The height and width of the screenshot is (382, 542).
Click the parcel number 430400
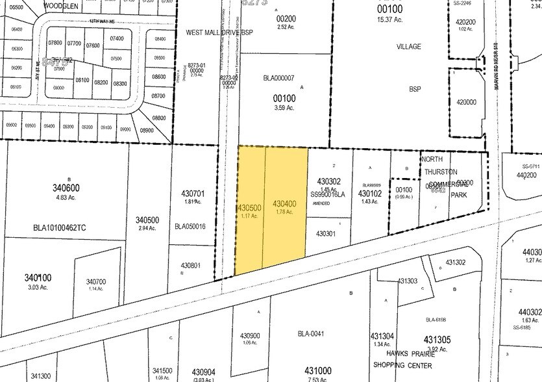285,203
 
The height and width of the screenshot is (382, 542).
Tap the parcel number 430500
249,208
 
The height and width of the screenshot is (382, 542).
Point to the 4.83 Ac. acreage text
68,197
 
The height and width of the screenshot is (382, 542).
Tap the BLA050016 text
190,226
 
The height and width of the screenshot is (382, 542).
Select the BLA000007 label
278,79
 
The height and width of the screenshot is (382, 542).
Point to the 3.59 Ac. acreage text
283,108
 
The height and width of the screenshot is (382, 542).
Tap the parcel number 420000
467,102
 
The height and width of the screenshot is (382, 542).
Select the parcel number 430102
370,193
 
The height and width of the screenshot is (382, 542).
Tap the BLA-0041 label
311,334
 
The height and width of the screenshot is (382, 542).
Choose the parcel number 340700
95,281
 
